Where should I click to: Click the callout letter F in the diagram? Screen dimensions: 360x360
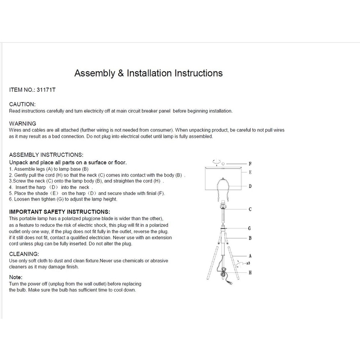click(250, 164)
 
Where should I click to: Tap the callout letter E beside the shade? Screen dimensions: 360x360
click(250, 172)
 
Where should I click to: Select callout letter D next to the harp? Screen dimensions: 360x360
click(250, 186)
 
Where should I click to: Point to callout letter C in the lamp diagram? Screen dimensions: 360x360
click(250, 209)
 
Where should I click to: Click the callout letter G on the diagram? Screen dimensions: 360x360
click(250, 228)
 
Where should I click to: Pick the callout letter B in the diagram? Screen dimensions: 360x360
click(250, 238)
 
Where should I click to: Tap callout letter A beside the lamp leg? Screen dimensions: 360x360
click(250, 256)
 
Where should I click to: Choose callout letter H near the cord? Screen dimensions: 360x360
click(250, 272)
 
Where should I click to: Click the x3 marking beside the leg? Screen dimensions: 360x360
click(248, 263)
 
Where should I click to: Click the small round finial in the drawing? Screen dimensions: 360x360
click(223, 164)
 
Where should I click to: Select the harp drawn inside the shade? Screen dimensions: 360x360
click(223, 187)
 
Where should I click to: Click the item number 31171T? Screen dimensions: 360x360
click(46, 90)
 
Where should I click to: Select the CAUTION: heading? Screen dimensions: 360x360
click(22, 104)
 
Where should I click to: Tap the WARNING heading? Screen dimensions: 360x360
click(23, 123)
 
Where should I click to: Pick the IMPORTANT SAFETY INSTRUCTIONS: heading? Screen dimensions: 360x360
click(60, 212)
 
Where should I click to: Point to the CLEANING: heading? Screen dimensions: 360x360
click(23, 254)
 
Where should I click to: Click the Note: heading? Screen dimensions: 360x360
click(16, 277)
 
